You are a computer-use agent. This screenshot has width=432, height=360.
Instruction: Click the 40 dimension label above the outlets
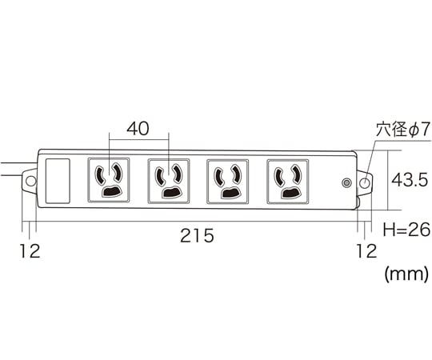(138, 129)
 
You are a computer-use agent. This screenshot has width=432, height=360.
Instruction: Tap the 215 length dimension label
(197, 235)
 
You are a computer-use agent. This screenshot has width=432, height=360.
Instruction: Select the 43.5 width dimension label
(410, 180)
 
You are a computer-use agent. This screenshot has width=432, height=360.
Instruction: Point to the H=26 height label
(406, 230)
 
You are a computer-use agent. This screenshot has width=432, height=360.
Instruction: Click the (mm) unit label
(406, 274)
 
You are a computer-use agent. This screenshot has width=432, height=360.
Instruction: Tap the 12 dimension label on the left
(30, 251)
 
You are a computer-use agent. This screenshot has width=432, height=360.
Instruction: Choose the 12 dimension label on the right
(366, 251)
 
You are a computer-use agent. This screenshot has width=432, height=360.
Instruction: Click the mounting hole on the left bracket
(30, 182)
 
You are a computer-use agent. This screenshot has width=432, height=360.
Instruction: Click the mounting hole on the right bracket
(365, 182)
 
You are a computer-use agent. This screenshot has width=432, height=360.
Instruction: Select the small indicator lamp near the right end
(346, 182)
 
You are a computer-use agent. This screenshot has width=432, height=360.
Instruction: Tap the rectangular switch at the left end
(58, 181)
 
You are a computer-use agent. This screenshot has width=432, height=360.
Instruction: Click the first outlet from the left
(109, 180)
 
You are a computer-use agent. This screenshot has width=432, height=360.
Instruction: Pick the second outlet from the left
(168, 181)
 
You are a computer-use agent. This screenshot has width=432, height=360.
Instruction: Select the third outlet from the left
(227, 182)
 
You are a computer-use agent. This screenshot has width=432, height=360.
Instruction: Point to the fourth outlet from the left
(288, 182)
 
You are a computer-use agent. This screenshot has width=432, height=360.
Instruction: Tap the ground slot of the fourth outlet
(290, 194)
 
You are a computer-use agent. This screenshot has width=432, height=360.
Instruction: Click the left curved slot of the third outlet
(219, 176)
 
